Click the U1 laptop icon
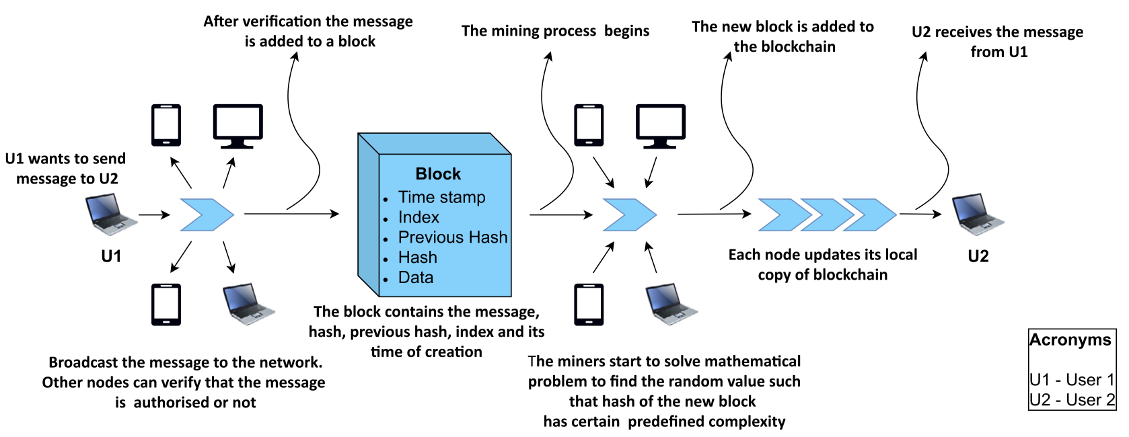click(x=110, y=214)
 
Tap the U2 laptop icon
click(x=978, y=214)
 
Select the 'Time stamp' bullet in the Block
click(x=441, y=198)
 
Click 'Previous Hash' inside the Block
click(x=453, y=237)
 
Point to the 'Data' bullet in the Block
click(x=416, y=278)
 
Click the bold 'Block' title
click(x=438, y=174)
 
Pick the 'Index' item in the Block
click(x=418, y=218)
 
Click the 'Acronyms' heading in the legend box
click(x=1070, y=340)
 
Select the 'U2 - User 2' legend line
click(x=1072, y=400)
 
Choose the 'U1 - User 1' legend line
click(x=1072, y=380)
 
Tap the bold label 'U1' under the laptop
click(x=111, y=256)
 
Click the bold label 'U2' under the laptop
click(x=978, y=256)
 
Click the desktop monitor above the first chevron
click(x=238, y=126)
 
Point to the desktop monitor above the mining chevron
click(x=660, y=126)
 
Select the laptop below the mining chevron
click(x=671, y=304)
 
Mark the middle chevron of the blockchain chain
click(x=826, y=214)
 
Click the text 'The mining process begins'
click(x=555, y=31)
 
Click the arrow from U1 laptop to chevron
click(x=154, y=215)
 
